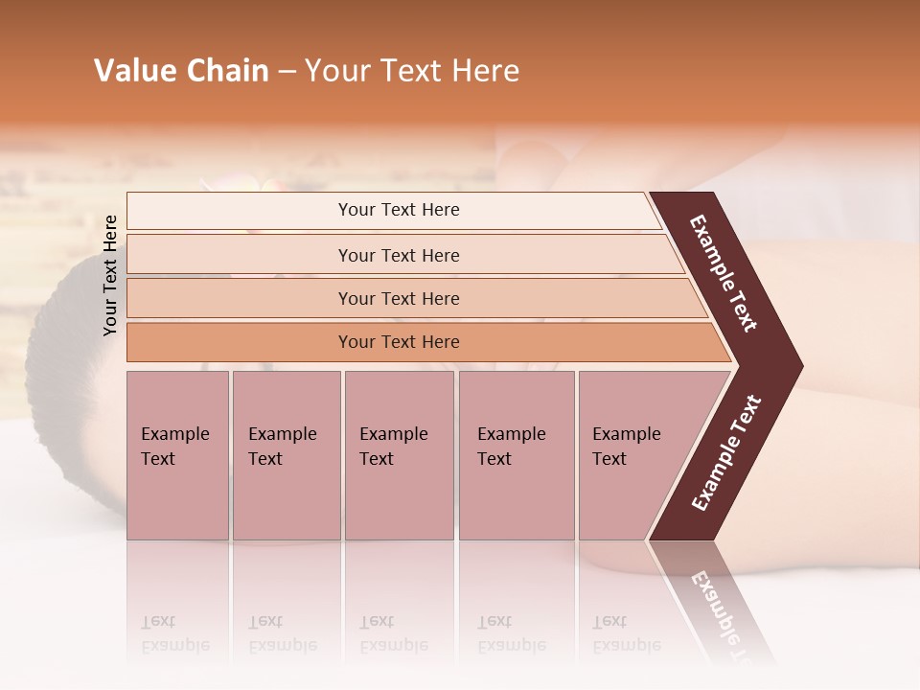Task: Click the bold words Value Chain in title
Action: [x=181, y=71]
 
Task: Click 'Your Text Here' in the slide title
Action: [x=412, y=71]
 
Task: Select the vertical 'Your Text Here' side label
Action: [x=110, y=275]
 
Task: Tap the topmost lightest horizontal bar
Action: [x=398, y=210]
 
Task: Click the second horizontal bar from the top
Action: [x=398, y=255]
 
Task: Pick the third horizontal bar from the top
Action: [x=398, y=298]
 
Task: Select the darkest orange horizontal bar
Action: [x=398, y=342]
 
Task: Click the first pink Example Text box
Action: [x=177, y=455]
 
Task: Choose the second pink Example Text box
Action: [x=286, y=455]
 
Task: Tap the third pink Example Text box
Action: [x=399, y=455]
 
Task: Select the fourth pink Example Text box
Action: [x=516, y=455]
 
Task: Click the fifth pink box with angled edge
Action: [x=632, y=455]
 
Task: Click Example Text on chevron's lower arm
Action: [x=726, y=453]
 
